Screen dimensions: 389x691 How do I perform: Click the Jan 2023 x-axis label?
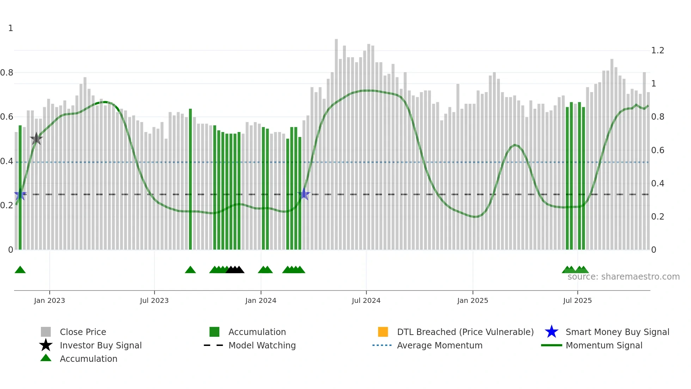click(x=49, y=300)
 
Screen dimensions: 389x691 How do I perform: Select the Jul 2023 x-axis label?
click(x=154, y=300)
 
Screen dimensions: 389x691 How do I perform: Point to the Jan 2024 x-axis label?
click(x=261, y=300)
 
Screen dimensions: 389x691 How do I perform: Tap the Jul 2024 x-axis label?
click(x=366, y=300)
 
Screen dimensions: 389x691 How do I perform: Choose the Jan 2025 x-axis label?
click(x=472, y=300)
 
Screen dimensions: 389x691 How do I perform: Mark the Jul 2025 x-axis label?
click(x=577, y=300)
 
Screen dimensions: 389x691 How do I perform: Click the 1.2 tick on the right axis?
click(x=658, y=50)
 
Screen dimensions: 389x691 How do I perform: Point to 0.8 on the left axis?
click(x=7, y=73)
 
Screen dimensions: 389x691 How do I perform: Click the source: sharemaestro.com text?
click(x=623, y=277)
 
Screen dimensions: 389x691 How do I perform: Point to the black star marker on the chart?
click(x=36, y=139)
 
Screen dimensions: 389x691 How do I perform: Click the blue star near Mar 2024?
click(x=304, y=194)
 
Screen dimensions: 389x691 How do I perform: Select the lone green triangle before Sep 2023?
click(x=190, y=270)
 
